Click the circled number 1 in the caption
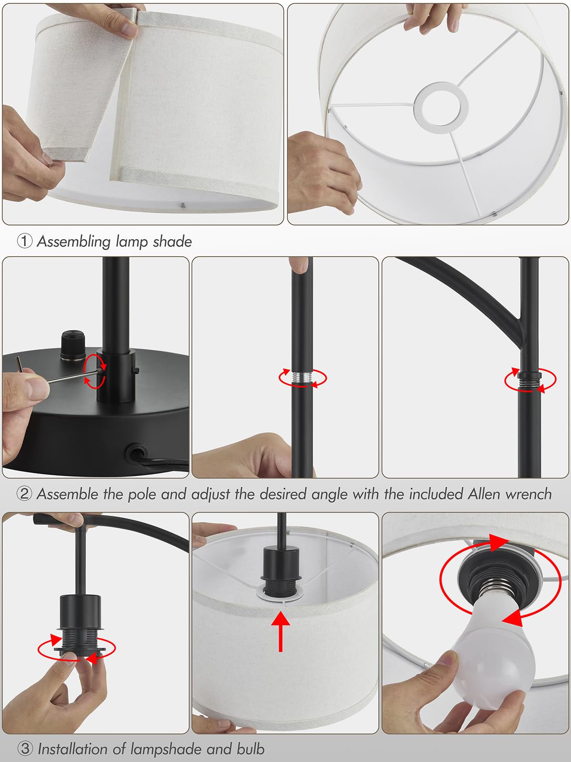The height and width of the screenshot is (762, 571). pyautogui.click(x=24, y=241)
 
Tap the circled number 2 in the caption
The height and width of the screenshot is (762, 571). pyautogui.click(x=24, y=494)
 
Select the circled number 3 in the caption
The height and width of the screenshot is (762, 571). pyautogui.click(x=24, y=749)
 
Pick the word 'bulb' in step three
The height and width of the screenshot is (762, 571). pyautogui.click(x=250, y=749)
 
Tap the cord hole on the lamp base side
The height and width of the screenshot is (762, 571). pyautogui.click(x=135, y=451)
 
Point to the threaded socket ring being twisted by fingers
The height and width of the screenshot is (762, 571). pyautogui.click(x=79, y=645)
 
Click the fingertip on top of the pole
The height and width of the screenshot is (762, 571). pyautogui.click(x=299, y=264)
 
